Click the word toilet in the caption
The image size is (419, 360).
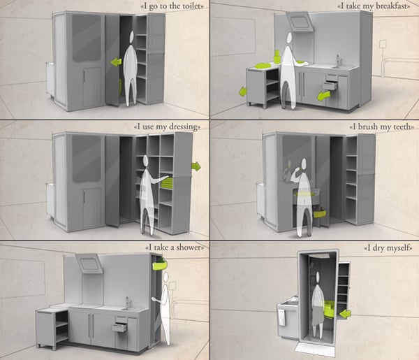(191, 6)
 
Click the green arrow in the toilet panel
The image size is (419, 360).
(116, 62)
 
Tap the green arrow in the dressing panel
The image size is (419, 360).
(196, 166)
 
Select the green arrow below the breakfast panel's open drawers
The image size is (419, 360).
(324, 96)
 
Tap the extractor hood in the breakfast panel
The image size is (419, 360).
(300, 21)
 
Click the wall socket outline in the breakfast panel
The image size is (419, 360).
(383, 45)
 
